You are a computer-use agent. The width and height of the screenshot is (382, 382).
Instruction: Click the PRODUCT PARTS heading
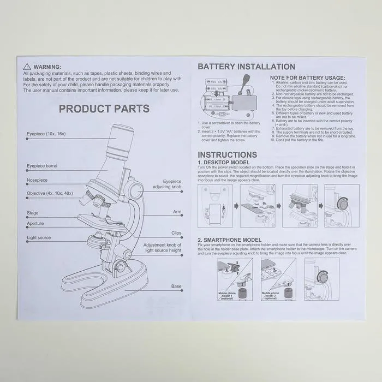click(x=104, y=109)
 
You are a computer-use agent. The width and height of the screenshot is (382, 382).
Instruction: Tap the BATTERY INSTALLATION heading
click(x=246, y=67)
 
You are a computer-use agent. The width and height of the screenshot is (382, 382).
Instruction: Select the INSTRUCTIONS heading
click(x=227, y=155)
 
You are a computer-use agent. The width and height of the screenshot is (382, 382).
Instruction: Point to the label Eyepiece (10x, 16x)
click(x=46, y=134)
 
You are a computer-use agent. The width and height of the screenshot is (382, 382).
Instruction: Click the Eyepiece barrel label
click(x=42, y=166)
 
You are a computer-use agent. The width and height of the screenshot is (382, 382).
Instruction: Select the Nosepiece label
click(x=37, y=180)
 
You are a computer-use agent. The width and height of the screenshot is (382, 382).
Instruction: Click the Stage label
click(x=32, y=213)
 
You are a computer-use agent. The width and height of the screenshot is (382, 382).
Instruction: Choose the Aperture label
click(x=35, y=224)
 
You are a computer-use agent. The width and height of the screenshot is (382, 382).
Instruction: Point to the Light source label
click(x=39, y=238)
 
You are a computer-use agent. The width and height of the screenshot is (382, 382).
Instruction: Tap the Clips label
click(x=176, y=233)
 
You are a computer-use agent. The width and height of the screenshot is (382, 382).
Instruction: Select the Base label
click(x=176, y=285)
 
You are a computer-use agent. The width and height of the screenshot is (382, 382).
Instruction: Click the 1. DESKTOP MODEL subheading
click(x=224, y=163)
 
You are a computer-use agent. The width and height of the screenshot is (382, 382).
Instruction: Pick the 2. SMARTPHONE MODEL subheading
click(x=229, y=240)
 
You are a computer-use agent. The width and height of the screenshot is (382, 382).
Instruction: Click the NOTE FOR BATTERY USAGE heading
click(x=308, y=78)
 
